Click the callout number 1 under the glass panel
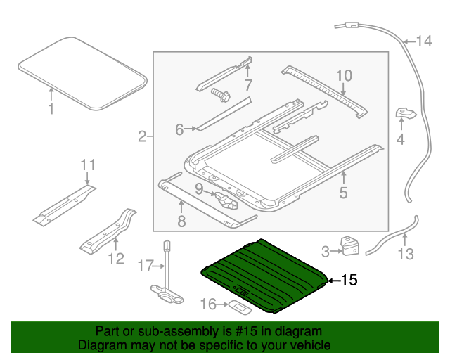51,109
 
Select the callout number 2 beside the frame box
142,136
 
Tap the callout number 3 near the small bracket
326,250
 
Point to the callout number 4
400,140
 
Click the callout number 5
343,191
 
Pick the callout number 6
179,129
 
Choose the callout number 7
247,86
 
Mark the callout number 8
181,222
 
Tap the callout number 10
342,75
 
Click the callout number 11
87,165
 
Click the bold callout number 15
349,281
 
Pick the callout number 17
145,266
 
